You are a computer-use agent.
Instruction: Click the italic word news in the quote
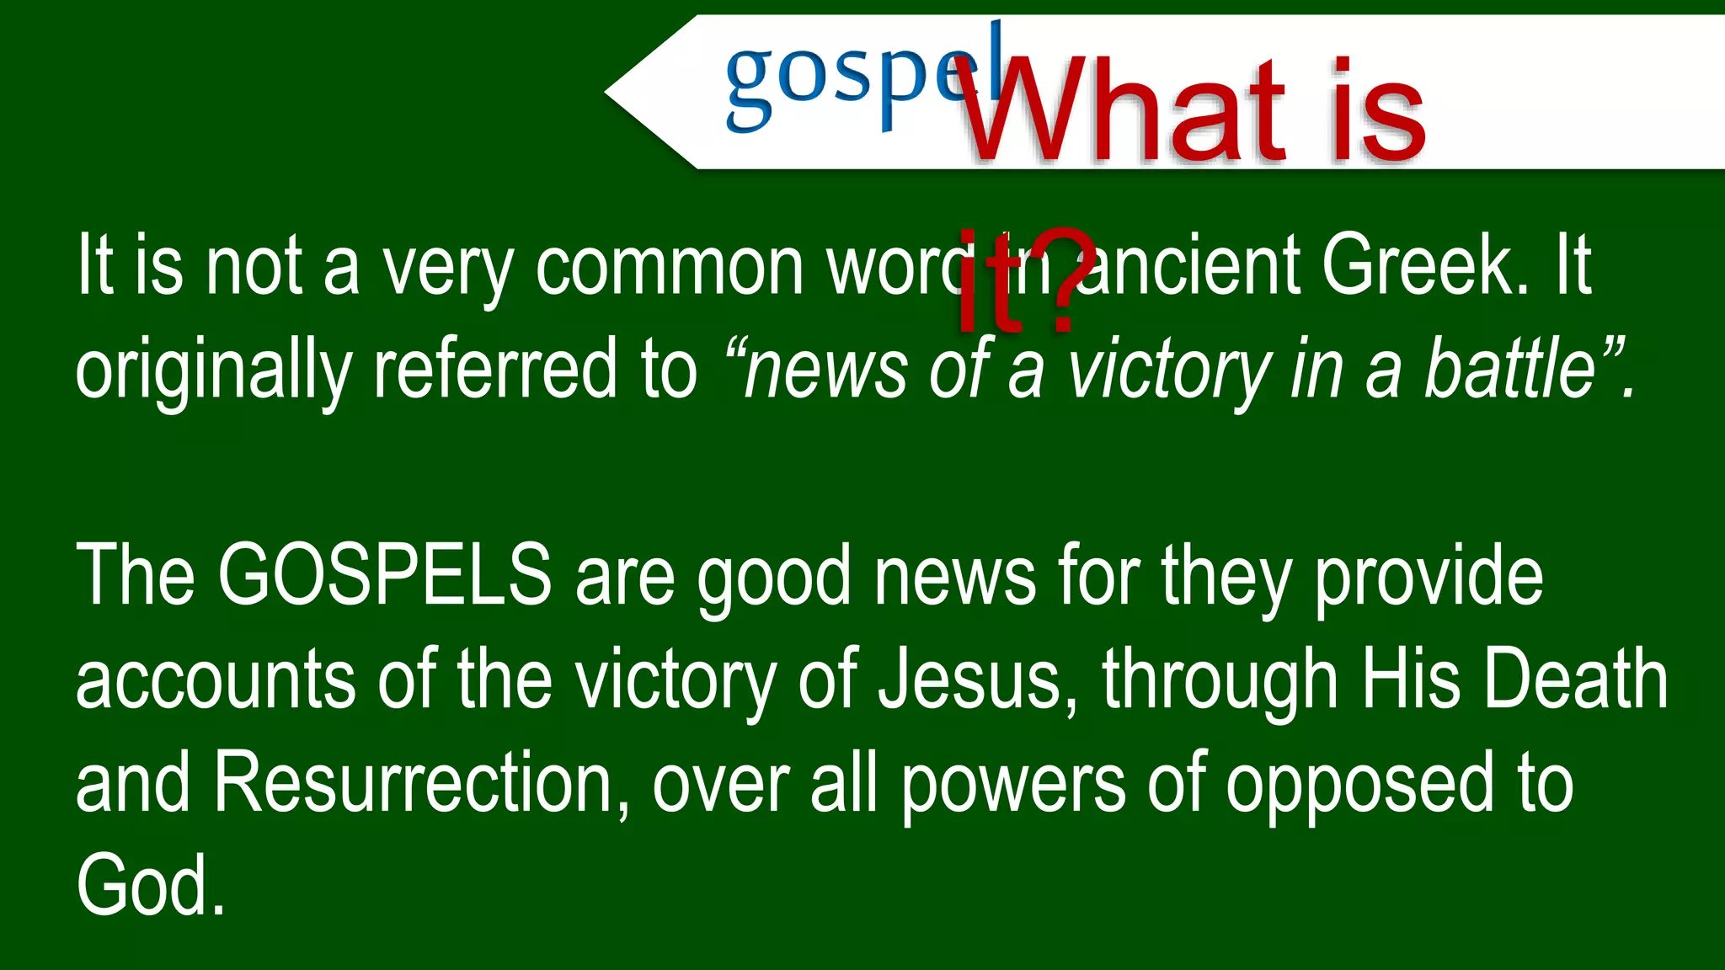[825, 370]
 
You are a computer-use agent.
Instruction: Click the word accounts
[216, 680]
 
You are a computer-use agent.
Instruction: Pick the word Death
[1575, 680]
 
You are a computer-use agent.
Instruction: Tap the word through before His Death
[1220, 680]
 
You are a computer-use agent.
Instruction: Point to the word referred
[494, 370]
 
